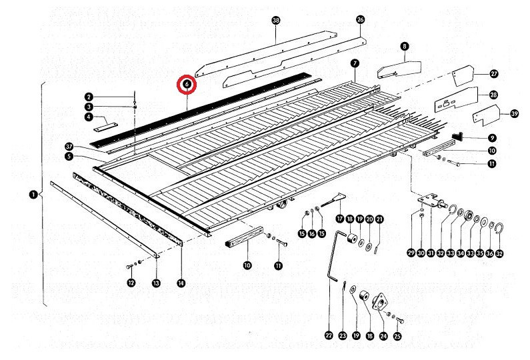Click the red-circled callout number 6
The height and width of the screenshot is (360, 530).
[187, 85]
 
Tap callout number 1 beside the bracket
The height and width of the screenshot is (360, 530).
[33, 195]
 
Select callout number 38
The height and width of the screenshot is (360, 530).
[276, 21]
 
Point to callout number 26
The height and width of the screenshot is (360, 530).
[361, 20]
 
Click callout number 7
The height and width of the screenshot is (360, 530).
[355, 63]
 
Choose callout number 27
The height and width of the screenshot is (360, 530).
[494, 73]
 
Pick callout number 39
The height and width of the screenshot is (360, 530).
[513, 114]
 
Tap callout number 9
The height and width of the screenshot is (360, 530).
[491, 137]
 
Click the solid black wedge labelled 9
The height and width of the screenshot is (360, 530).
[459, 137]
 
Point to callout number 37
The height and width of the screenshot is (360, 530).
[68, 146]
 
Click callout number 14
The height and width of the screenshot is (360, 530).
[181, 283]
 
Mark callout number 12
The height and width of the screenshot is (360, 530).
[131, 284]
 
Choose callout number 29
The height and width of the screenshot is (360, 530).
[411, 253]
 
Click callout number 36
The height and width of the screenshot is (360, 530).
[490, 253]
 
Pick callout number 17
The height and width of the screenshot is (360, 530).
[339, 219]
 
